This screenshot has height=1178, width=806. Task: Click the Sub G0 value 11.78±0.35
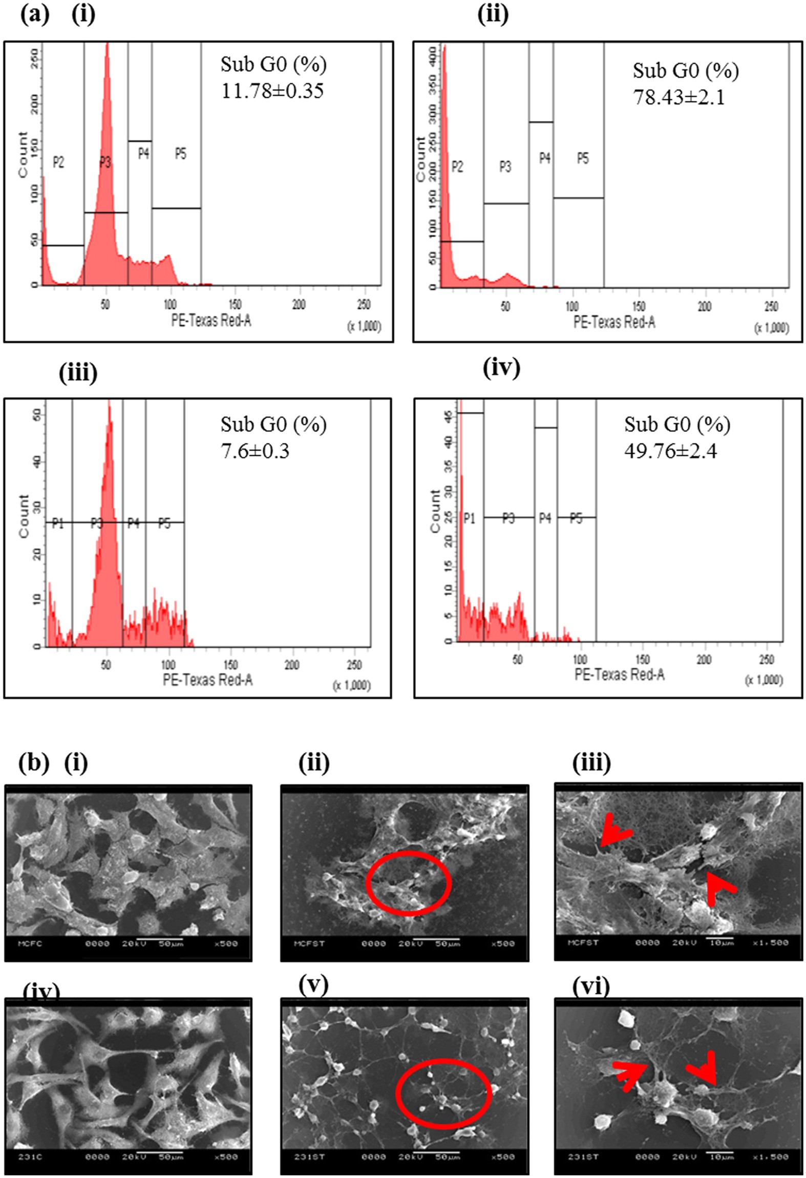(x=272, y=91)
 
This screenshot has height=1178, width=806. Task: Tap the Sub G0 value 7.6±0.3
(x=254, y=451)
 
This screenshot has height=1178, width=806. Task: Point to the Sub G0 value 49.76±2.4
(x=670, y=451)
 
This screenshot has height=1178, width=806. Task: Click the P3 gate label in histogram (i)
(x=105, y=163)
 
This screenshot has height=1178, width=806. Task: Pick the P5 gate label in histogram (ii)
(x=583, y=159)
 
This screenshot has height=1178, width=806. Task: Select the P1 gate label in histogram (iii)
(x=58, y=523)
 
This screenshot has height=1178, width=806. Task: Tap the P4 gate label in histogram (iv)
(x=545, y=519)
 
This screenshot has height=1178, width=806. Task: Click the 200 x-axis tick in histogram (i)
(x=299, y=305)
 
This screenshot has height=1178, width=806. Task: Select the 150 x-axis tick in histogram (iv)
(x=642, y=659)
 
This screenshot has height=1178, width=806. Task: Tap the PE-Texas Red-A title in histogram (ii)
(x=614, y=322)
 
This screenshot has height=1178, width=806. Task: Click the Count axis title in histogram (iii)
(x=24, y=516)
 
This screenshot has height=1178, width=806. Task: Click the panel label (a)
(x=35, y=14)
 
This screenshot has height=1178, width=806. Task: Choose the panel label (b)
(x=34, y=763)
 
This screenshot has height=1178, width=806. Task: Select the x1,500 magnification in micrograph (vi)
(x=771, y=1156)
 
